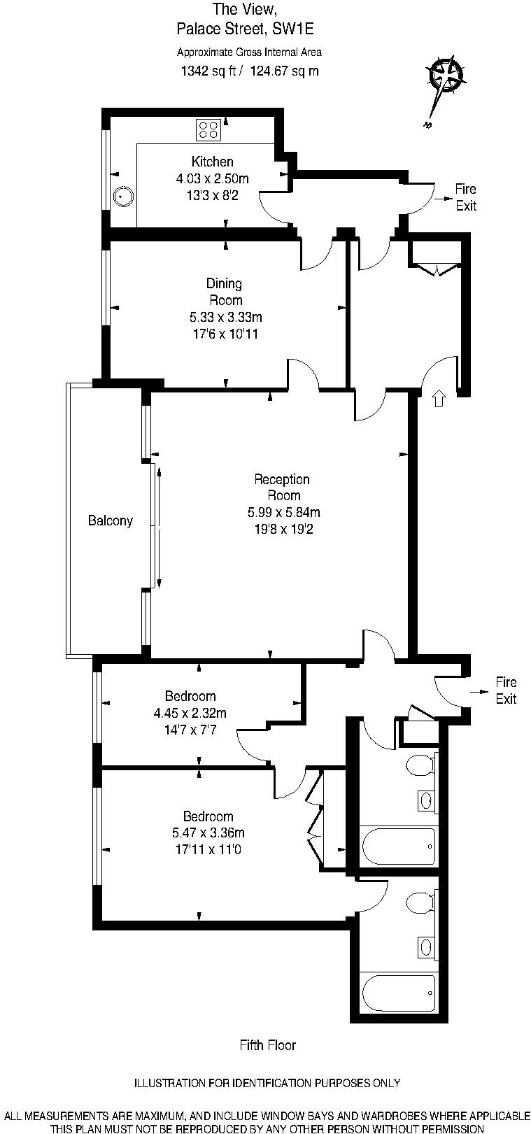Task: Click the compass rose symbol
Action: (445, 75)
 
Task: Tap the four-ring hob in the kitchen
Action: (208, 128)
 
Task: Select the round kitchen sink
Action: (124, 197)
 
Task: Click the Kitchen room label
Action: (212, 162)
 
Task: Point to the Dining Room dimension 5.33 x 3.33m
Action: (221, 317)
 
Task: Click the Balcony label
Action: (110, 520)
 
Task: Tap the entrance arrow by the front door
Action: (439, 398)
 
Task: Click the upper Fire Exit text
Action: (465, 197)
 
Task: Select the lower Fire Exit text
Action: (505, 690)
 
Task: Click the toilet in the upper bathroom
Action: (420, 765)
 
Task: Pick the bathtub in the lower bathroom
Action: (398, 992)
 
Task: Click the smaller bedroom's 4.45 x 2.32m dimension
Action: (190, 713)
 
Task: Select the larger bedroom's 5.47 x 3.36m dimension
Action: (208, 832)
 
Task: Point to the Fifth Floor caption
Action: (267, 1045)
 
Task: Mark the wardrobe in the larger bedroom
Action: (315, 818)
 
